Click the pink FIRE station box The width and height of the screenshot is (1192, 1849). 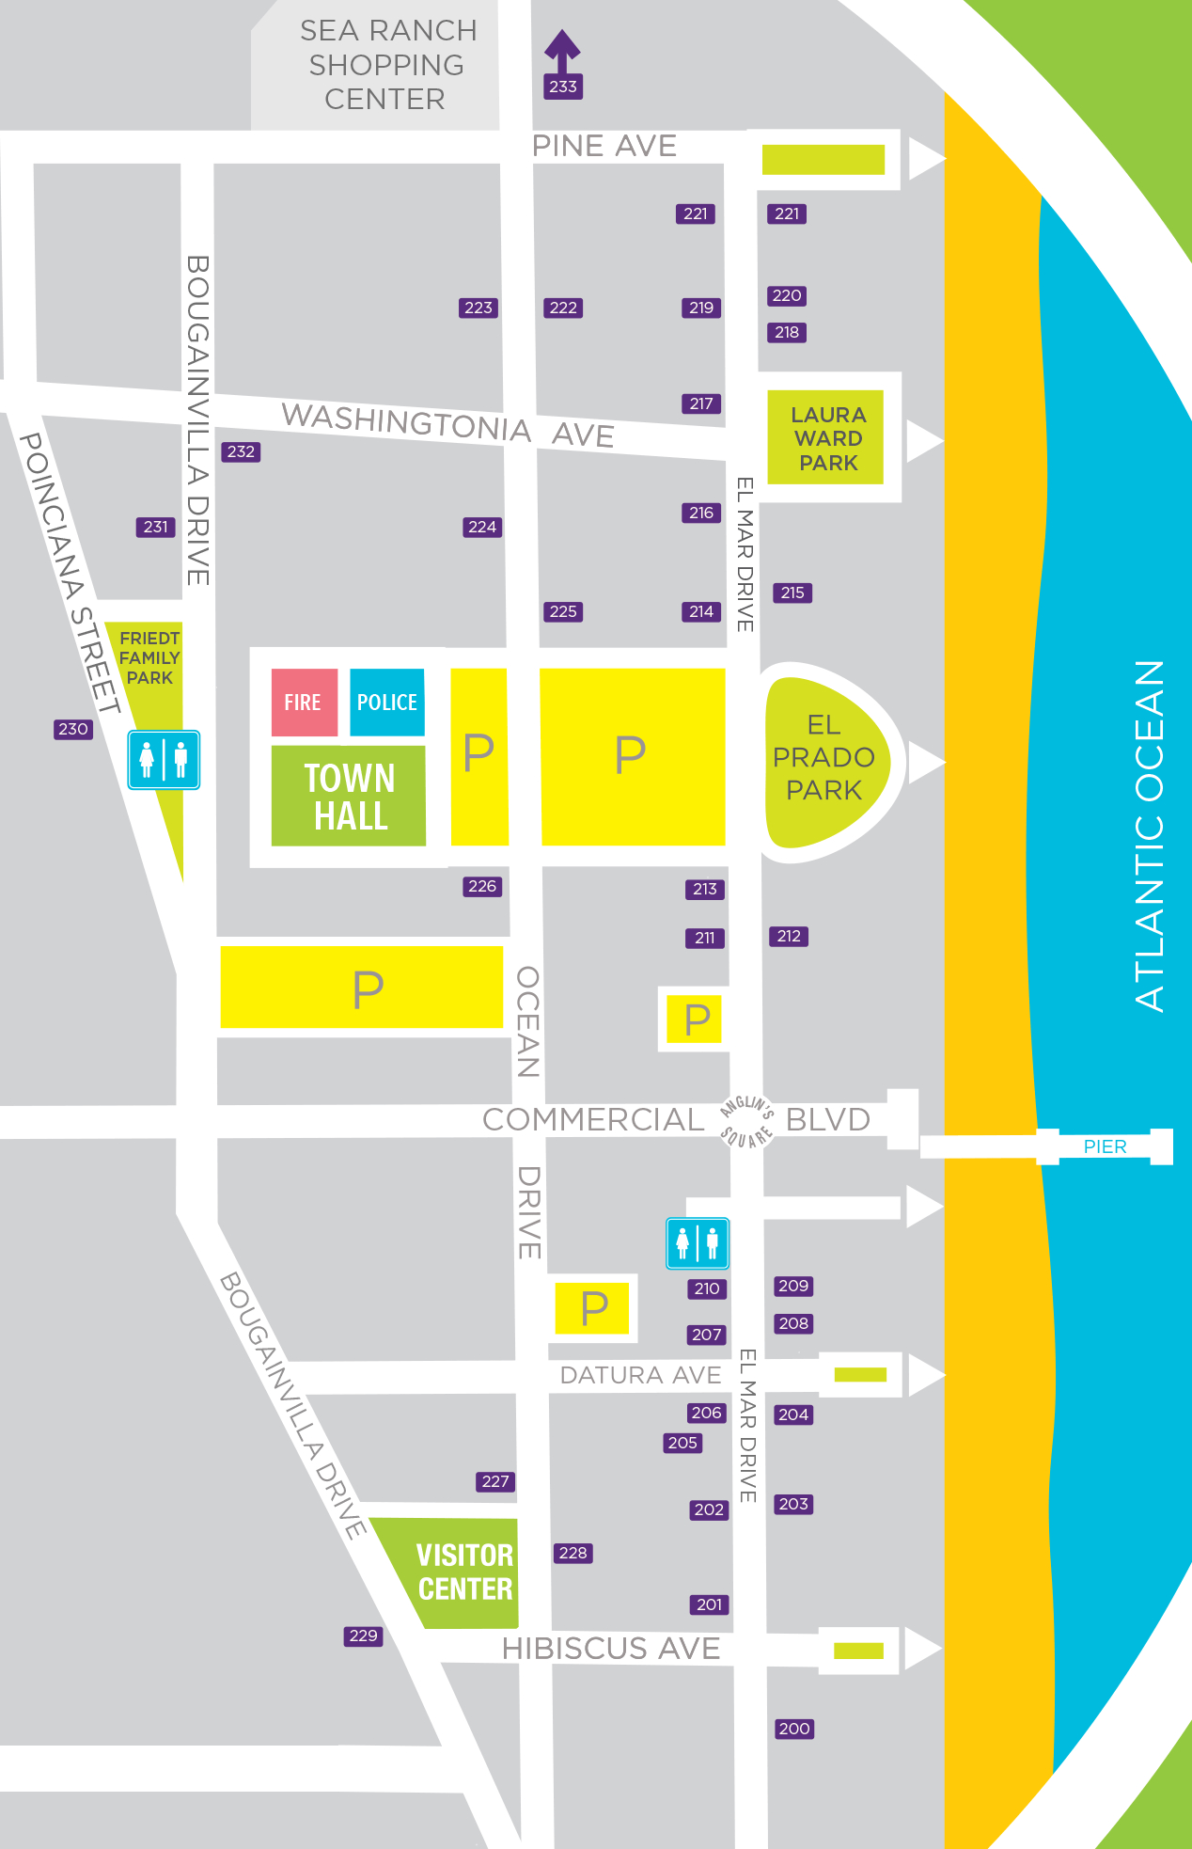tap(304, 702)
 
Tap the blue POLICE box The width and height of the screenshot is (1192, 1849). tap(386, 702)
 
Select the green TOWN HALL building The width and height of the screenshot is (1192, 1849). tap(349, 796)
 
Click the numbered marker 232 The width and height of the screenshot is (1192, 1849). tap(241, 451)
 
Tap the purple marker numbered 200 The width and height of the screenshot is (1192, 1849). tap(794, 1729)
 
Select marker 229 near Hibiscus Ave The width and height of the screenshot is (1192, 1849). tap(363, 1636)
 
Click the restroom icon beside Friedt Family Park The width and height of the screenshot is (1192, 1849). tap(164, 759)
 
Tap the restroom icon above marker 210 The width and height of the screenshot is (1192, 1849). tap(698, 1243)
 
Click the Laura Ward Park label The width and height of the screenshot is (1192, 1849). tap(827, 438)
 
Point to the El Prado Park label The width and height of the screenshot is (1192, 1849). tap(823, 757)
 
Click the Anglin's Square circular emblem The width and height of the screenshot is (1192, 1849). tap(746, 1121)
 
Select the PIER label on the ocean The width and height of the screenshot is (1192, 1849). tap(1105, 1146)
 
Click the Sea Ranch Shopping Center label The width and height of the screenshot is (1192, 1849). tap(386, 65)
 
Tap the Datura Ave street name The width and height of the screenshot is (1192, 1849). tap(640, 1375)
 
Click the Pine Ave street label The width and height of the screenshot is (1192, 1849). tap(604, 146)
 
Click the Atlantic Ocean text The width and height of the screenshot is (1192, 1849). tap(1150, 835)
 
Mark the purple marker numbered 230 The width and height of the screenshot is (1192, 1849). tap(73, 729)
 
